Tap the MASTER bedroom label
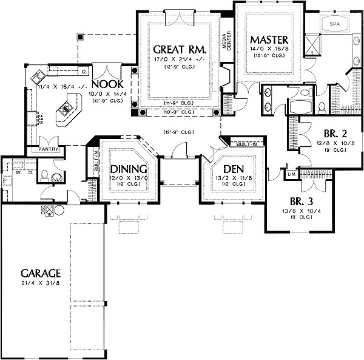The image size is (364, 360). point(271,38)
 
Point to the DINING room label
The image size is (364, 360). point(128,169)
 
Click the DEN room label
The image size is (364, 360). point(233,169)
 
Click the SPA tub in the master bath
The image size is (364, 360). point(334,24)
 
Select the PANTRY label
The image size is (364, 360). point(48,148)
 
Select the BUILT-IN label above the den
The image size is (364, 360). point(245,144)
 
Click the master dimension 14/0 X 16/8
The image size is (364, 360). point(271,48)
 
